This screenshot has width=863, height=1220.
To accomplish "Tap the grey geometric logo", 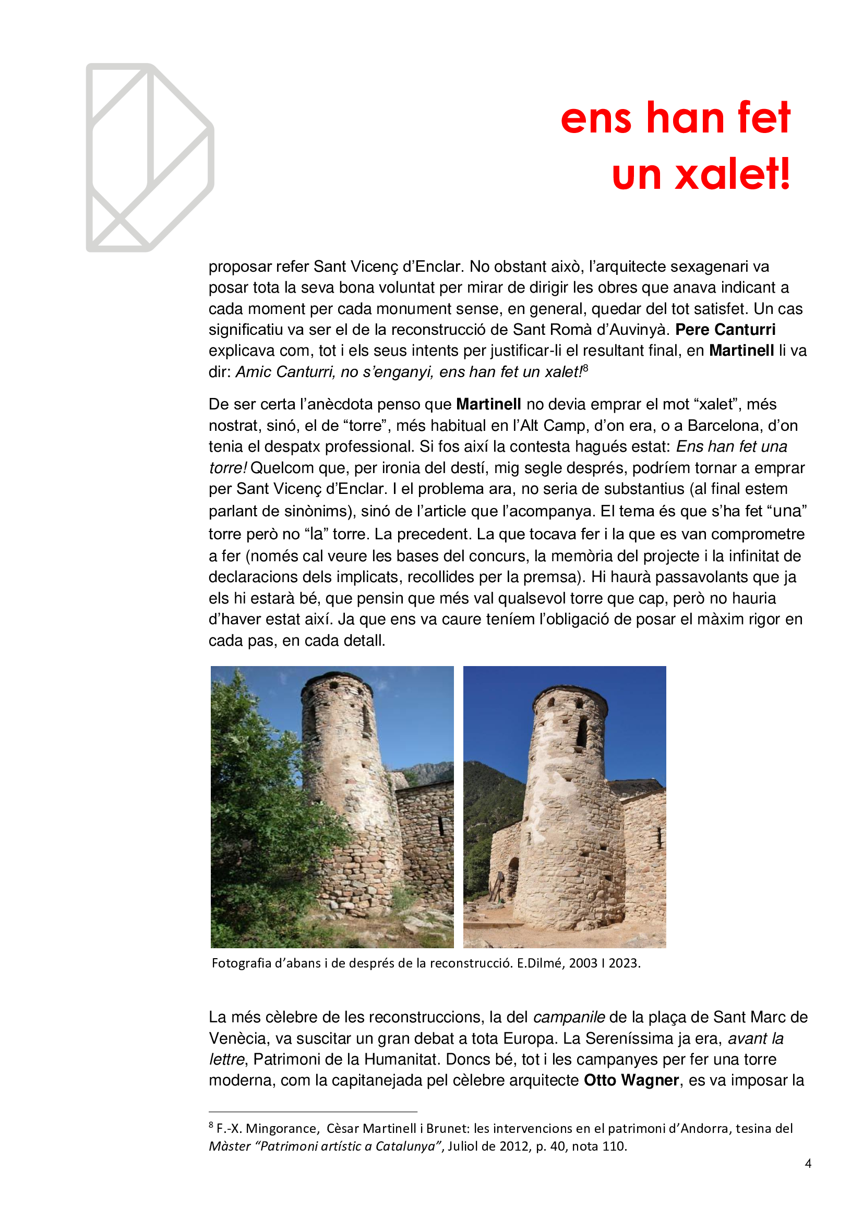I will [x=149, y=158].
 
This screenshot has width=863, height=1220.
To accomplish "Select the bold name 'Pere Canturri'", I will [x=725, y=330].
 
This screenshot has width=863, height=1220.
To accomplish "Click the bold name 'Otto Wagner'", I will [x=631, y=1080].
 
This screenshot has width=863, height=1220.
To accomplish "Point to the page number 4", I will [x=808, y=1164].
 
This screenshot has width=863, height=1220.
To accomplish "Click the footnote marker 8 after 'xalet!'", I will [x=585, y=368].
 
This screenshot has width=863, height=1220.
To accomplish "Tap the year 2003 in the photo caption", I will [x=583, y=963].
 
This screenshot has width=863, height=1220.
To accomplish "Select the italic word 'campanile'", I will [x=569, y=1017].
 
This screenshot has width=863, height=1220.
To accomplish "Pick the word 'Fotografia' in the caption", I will [x=241, y=963].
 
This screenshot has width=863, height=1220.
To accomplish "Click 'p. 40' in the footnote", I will [x=550, y=1146].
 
